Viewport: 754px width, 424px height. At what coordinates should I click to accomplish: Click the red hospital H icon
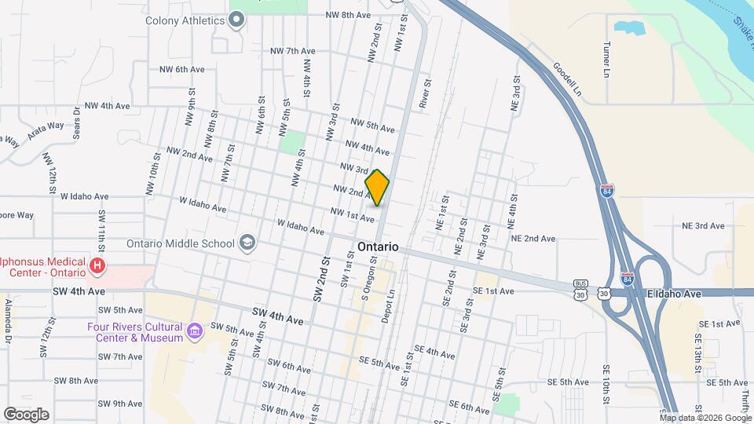(x=97, y=266)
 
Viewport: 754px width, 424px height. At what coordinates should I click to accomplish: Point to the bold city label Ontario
(x=378, y=247)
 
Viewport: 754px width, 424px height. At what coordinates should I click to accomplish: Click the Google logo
(x=26, y=414)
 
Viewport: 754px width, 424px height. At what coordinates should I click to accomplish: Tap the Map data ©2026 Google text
(x=705, y=417)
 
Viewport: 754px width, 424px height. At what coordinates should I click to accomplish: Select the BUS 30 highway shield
(x=580, y=290)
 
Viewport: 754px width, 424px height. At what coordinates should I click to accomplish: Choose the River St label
(x=425, y=93)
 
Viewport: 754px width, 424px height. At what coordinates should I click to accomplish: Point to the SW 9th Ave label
(x=121, y=404)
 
